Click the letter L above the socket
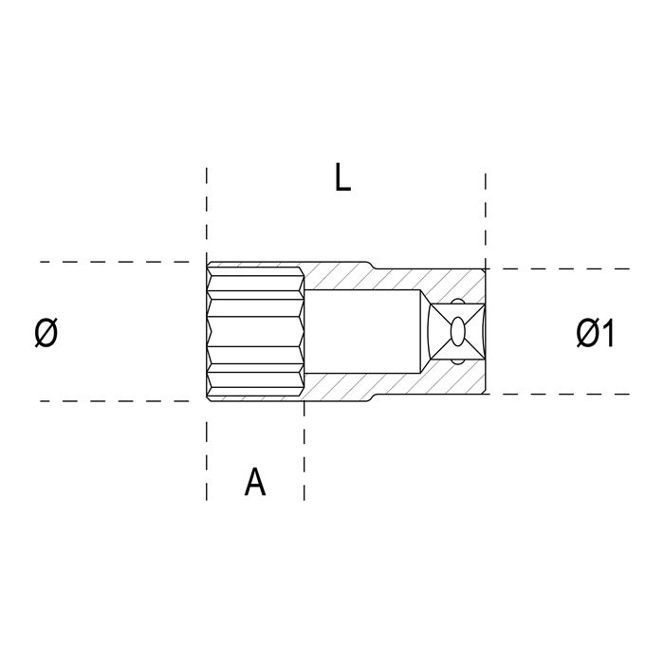[x=342, y=177]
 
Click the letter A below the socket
[x=255, y=482]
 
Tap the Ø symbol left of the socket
[x=46, y=333]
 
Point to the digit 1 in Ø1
[x=608, y=334]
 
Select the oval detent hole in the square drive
[x=457, y=332]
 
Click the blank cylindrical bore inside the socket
[x=362, y=331]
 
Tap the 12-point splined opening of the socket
[x=255, y=332]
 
